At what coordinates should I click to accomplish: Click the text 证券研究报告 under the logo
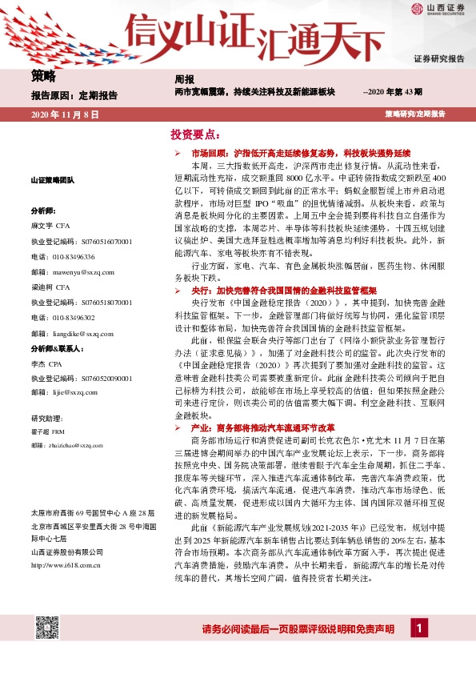pos(438,59)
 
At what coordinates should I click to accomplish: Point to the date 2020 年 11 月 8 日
pos(65,115)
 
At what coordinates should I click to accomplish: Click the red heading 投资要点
pos(195,134)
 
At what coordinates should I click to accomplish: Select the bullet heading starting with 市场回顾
pos(301,151)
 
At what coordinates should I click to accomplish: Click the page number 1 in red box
pos(418,628)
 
